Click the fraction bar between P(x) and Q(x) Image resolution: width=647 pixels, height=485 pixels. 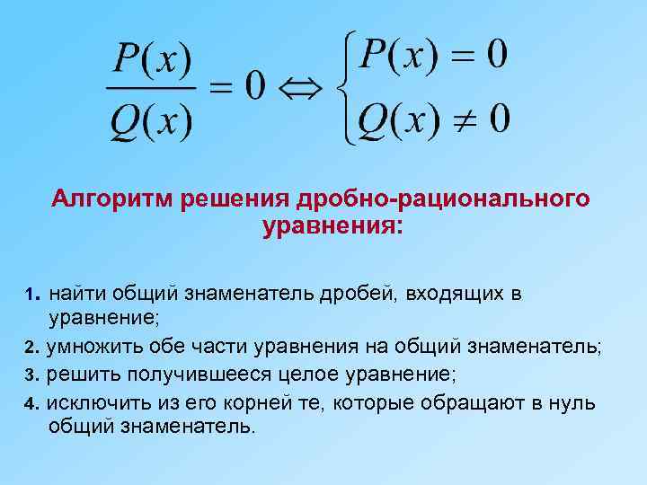tap(150, 88)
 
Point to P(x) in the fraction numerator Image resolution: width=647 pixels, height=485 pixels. tap(151, 61)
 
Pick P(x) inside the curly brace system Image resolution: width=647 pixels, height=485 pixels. tap(396, 57)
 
